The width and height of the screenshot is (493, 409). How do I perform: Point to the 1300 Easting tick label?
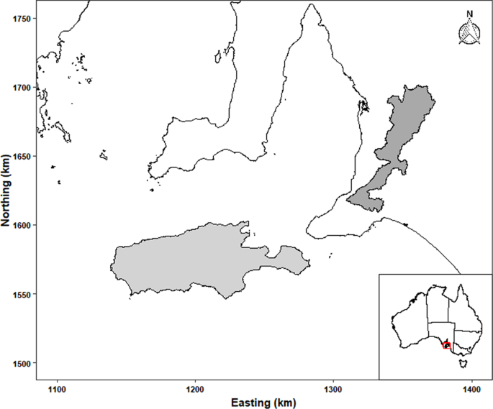(x=333, y=389)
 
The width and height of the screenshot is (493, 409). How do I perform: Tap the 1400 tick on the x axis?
(x=471, y=389)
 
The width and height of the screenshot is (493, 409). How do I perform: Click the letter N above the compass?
(x=469, y=13)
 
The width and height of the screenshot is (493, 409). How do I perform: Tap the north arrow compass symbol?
(x=469, y=32)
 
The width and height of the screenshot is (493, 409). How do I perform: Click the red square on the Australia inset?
(x=446, y=345)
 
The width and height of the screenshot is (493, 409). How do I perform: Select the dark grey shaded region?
(x=397, y=137)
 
